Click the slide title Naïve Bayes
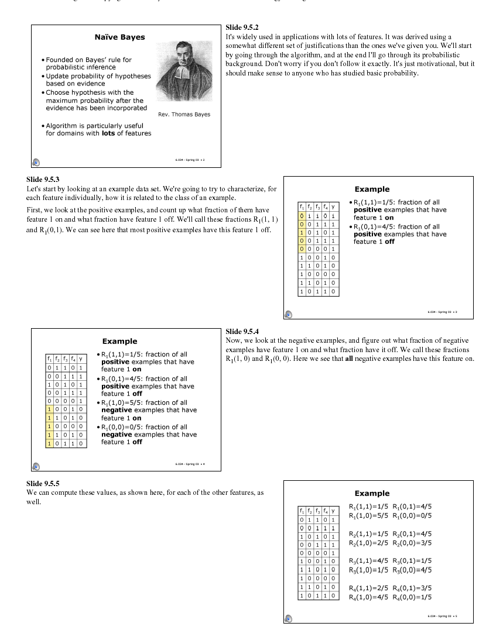pyautogui.click(x=119, y=37)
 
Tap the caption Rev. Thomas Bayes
pyautogui.click(x=184, y=114)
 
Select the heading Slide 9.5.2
pyautogui.click(x=242, y=28)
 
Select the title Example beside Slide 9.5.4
pyautogui.click(x=119, y=341)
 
